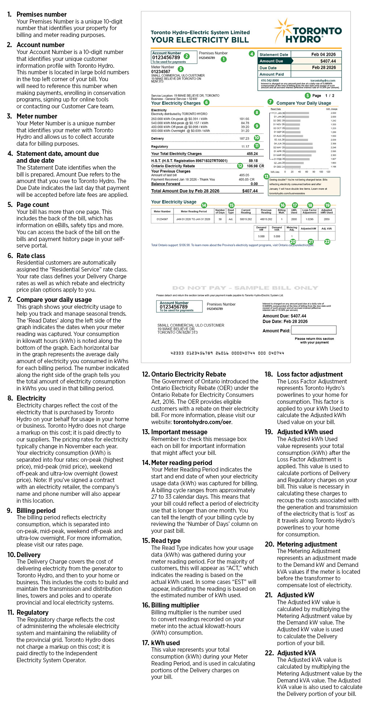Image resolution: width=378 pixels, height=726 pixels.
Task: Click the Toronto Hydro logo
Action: [x=308, y=32]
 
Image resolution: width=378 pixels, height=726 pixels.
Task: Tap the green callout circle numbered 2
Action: [x=187, y=56]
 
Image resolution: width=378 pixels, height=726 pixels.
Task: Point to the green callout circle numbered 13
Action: [x=266, y=177]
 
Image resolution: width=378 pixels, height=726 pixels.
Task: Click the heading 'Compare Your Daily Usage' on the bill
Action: [x=304, y=103]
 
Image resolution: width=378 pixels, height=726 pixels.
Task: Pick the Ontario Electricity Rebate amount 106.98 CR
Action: [x=255, y=166]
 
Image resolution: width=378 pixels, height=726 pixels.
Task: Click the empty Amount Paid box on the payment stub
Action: [x=313, y=330]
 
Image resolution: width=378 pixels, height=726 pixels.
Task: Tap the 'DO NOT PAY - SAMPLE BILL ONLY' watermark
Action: [x=245, y=288]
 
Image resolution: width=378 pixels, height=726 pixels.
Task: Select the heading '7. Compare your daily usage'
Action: [x=54, y=300]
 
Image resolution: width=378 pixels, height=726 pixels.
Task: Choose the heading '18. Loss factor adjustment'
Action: [x=310, y=374]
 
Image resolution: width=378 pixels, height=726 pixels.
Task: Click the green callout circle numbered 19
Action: [x=327, y=205]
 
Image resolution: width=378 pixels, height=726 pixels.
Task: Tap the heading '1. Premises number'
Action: [x=41, y=14]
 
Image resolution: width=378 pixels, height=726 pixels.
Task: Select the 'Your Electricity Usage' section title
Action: [x=174, y=202]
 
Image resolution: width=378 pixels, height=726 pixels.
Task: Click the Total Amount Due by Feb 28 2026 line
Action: [x=204, y=191]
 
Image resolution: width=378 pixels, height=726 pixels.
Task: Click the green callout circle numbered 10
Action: [x=257, y=138]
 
